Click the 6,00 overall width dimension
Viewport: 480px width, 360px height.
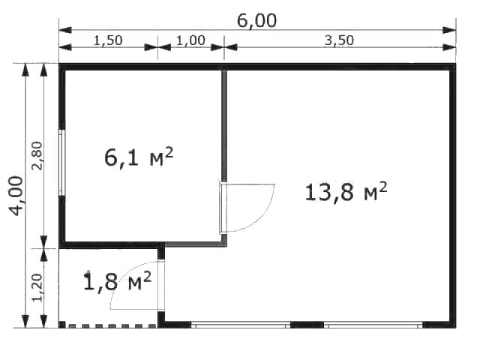pos(256,21)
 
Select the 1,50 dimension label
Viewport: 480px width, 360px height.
pos(108,40)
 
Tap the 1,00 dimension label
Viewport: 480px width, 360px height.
pos(190,40)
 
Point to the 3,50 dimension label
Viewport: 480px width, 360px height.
pos(339,40)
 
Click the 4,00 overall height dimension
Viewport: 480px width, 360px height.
pos(16,196)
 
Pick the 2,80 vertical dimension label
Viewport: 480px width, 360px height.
pos(37,155)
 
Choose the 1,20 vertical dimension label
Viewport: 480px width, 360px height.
pos(37,288)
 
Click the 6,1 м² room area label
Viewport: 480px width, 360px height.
pos(139,157)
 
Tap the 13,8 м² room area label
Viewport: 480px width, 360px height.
pos(346,192)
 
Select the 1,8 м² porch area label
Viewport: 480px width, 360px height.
pos(117,281)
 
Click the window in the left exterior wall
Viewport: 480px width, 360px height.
pos(61,163)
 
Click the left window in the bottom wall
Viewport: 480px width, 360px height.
pos(241,325)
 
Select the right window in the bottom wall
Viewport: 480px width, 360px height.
pos(373,325)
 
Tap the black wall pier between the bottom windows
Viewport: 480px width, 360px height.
pos(307,325)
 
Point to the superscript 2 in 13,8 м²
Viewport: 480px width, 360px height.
pos(383,187)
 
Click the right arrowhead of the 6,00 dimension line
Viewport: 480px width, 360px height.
pos(449,30)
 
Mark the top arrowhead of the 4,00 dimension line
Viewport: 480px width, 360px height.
pos(25,70)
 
